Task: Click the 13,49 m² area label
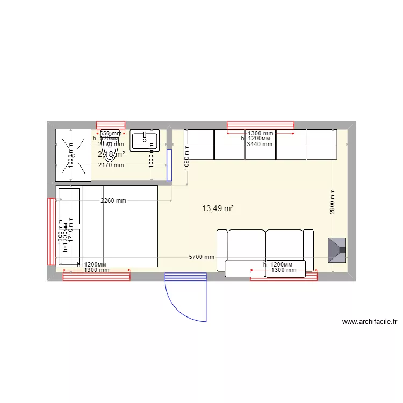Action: tap(217, 208)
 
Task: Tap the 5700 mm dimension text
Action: tap(201, 257)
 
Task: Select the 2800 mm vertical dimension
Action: tap(333, 202)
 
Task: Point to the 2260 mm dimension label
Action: tap(113, 201)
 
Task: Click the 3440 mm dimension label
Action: tap(260, 144)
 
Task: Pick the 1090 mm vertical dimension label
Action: tap(187, 157)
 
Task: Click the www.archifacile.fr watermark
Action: tap(369, 322)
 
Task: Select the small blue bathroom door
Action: tap(169, 165)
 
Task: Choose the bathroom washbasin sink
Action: tap(145, 140)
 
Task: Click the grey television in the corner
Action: tap(337, 250)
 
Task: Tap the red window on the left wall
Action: tap(52, 232)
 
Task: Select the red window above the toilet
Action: tap(110, 125)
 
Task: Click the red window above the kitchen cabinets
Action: tap(261, 125)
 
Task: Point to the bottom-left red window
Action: tap(97, 276)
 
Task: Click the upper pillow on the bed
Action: tap(69, 206)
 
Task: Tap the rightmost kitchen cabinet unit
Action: tap(322, 145)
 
